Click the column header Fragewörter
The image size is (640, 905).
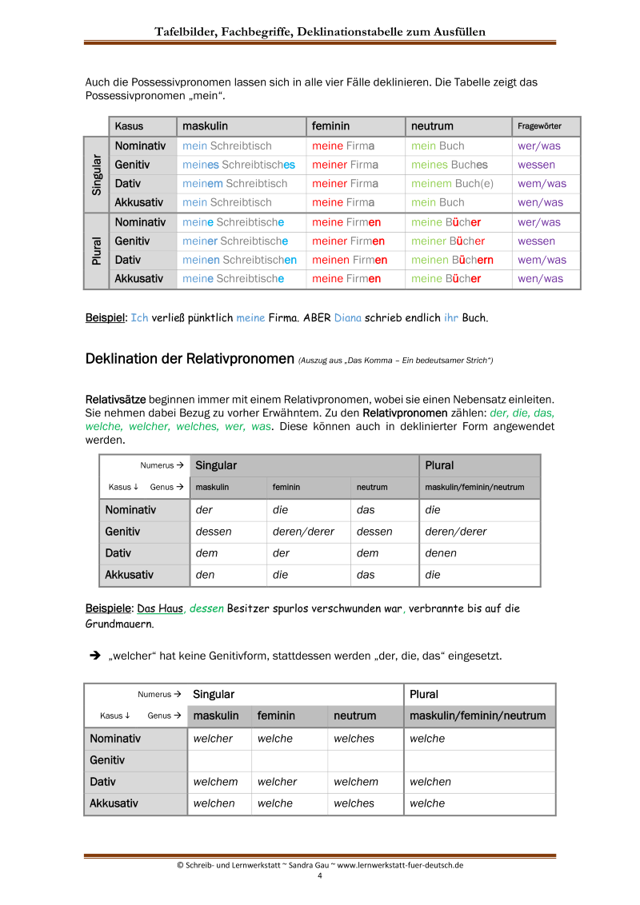click(539, 126)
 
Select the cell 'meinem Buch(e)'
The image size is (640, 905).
click(453, 184)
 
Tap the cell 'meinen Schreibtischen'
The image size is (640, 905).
click(239, 260)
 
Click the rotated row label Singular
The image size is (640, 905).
click(96, 174)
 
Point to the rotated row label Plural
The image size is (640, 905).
click(96, 250)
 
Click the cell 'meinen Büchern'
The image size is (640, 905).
click(452, 260)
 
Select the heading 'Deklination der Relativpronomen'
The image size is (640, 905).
click(190, 359)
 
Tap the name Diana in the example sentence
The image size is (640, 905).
click(348, 317)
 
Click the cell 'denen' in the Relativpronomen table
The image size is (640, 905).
click(441, 553)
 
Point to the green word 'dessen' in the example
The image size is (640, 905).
click(206, 608)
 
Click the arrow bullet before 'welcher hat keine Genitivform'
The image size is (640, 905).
click(94, 656)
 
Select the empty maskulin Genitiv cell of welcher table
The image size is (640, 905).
click(219, 760)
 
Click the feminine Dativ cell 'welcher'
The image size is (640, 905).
click(277, 782)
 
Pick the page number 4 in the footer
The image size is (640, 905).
click(320, 875)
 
